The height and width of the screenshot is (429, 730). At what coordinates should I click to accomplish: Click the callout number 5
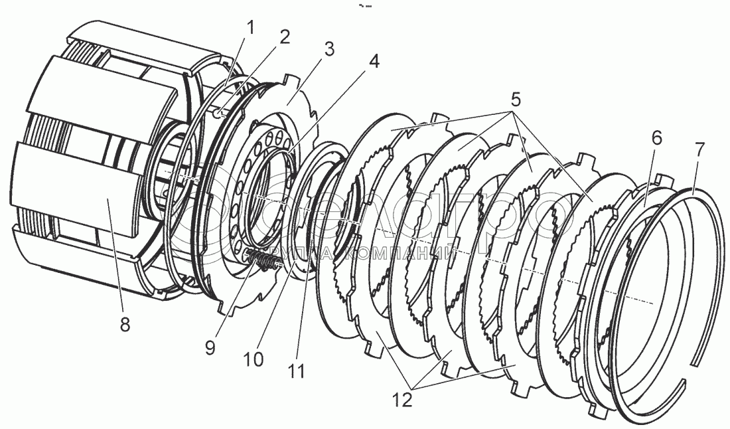pyautogui.click(x=514, y=101)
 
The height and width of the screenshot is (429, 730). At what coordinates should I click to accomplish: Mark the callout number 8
pyautogui.click(x=125, y=325)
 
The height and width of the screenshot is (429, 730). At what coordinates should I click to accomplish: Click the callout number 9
pyautogui.click(x=210, y=347)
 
